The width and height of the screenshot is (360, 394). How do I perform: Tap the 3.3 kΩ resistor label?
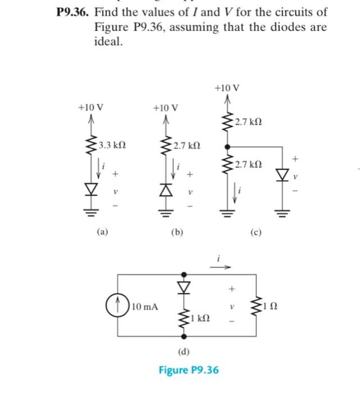click(111, 145)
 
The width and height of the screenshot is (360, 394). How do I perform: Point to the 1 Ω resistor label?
click(273, 307)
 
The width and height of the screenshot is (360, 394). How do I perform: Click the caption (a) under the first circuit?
click(102, 231)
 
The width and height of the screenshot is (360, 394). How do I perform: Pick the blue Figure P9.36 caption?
click(188, 370)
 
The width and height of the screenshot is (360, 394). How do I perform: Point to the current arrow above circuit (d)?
click(220, 267)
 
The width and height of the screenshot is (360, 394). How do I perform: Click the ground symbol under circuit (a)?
click(89, 211)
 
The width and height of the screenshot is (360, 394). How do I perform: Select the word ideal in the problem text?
click(107, 42)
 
